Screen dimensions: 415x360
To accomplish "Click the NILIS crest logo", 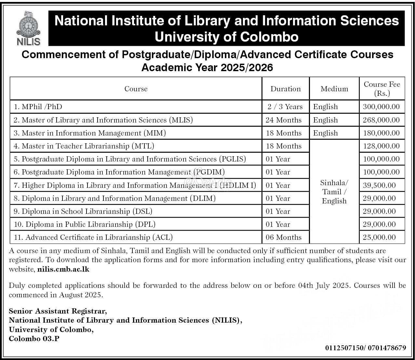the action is tap(28, 28).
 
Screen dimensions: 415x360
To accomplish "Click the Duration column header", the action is tap(285, 89).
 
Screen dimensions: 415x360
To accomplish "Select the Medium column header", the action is tap(334, 89).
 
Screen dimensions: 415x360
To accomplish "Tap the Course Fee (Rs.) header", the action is tap(382, 89).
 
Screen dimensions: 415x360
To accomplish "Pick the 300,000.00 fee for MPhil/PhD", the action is tap(381, 107).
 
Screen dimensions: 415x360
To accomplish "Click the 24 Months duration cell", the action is tap(283, 120).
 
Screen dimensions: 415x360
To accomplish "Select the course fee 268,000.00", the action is tap(381, 120).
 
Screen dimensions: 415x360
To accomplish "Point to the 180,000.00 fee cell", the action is tap(381, 133).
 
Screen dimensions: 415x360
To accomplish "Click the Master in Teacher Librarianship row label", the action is tap(84, 146).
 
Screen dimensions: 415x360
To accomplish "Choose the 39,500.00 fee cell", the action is tap(379, 185).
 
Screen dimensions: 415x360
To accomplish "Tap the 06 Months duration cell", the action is tap(283, 237).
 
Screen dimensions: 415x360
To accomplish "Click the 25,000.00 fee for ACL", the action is tap(379, 237).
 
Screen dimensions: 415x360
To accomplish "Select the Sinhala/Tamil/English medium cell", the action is tap(334, 192).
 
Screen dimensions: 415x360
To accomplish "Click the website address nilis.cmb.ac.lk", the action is tap(63, 269).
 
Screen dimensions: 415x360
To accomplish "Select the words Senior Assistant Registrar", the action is tap(58, 311).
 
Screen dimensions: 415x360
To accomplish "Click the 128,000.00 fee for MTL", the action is tap(381, 146).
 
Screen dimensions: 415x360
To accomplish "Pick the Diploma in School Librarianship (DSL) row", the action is tap(83, 211).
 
